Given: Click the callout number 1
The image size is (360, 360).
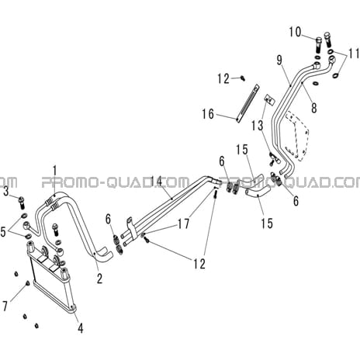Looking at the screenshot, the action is (54, 171).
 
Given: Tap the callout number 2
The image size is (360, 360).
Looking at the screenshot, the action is (99, 279).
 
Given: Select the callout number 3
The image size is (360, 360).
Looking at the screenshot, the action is (6, 192).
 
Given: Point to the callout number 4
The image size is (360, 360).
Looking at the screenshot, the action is (81, 328).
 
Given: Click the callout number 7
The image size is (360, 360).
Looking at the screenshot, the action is (5, 306).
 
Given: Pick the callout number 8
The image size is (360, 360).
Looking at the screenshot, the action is (314, 107).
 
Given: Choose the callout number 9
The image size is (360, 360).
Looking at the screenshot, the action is (279, 61).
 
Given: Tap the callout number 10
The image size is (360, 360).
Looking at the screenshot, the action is (296, 32).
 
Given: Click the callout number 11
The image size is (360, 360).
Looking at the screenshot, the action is (354, 54).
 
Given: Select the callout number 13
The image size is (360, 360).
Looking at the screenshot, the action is (258, 126).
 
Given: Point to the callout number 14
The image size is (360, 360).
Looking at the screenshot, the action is (157, 182).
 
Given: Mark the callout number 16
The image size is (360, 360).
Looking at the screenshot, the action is (208, 114).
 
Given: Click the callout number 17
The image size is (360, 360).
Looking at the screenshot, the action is (183, 223).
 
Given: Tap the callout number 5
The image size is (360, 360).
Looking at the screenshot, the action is (3, 232).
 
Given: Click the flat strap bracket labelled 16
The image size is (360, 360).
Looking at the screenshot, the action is (247, 103).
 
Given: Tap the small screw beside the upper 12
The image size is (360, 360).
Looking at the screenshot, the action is (243, 78).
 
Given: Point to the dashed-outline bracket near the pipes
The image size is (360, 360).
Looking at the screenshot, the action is (297, 136).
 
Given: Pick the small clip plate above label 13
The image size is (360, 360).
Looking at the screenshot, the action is (269, 99).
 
